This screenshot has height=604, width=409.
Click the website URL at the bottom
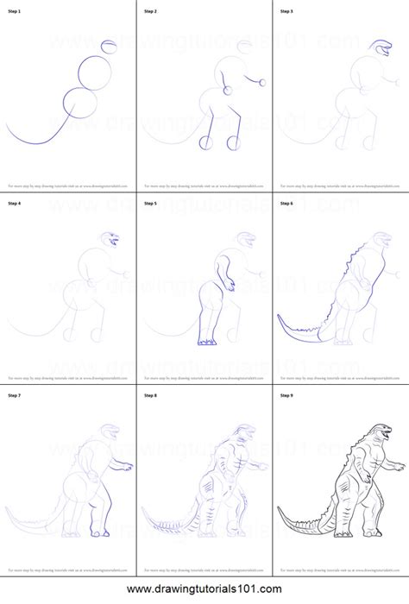click(x=204, y=591)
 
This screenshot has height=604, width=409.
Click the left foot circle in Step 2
click(x=206, y=142)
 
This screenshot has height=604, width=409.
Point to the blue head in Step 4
click(x=111, y=238)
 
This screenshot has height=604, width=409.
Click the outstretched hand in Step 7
click(x=131, y=467)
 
